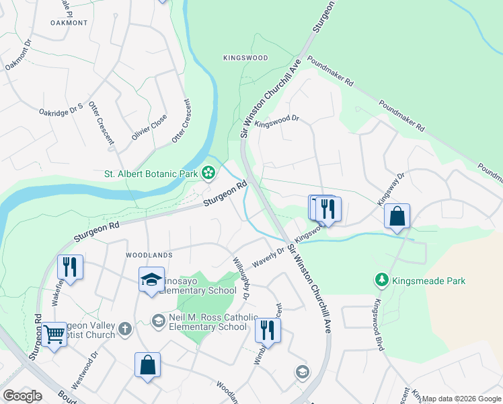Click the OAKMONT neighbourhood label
tap(69, 22)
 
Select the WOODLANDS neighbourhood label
tap(149, 255)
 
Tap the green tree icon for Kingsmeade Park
tap(381, 279)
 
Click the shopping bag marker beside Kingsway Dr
tap(397, 217)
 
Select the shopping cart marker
tap(54, 334)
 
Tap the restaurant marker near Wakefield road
tap(70, 267)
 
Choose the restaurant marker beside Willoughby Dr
tap(268, 331)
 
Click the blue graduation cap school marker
tap(151, 279)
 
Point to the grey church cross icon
tap(124, 329)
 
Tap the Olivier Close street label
tap(149, 126)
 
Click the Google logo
tap(23, 396)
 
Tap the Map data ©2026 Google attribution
tap(461, 399)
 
